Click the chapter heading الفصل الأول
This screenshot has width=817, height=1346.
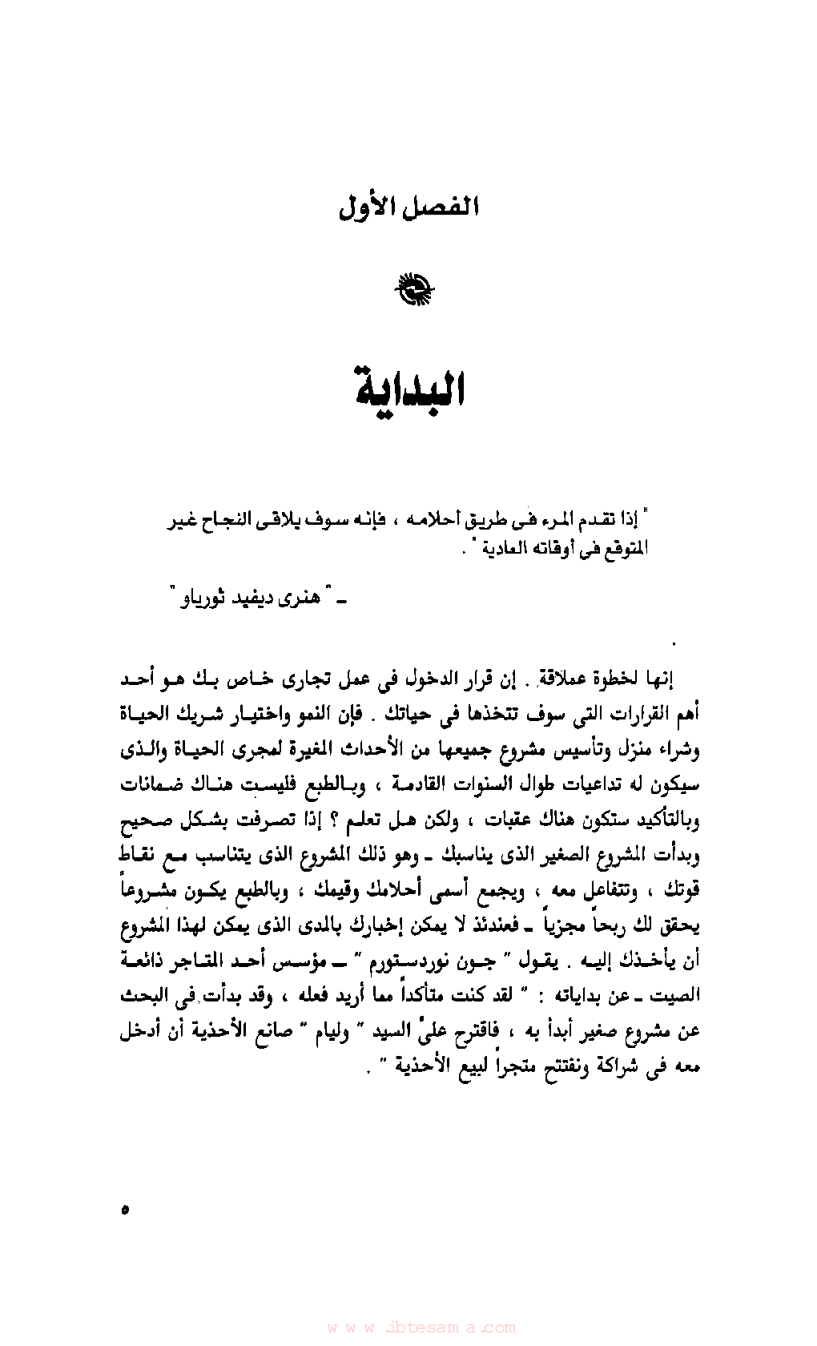408,208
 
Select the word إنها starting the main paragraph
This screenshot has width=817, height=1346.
658,679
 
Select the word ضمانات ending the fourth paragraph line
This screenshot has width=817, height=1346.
152,784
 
